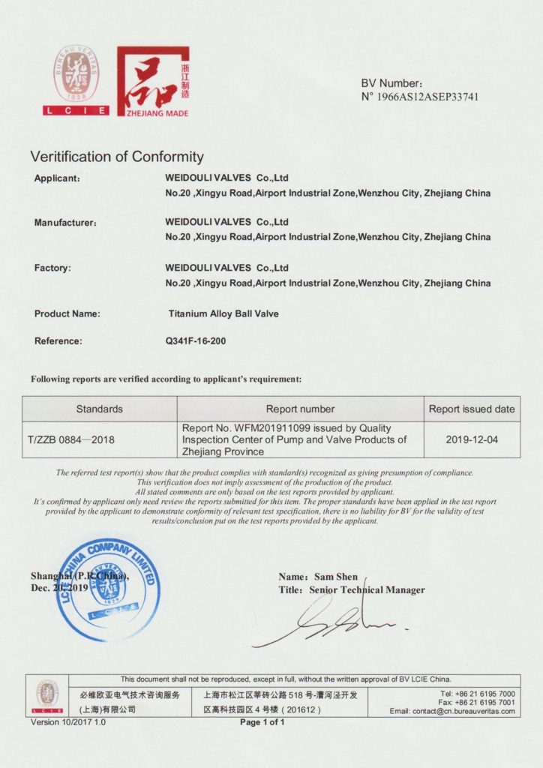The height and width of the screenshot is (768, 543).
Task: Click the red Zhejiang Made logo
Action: [153, 81]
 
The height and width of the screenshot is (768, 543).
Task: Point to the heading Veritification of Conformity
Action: [116, 157]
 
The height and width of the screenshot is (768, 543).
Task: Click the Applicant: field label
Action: [58, 178]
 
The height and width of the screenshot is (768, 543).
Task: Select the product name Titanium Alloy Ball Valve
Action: [223, 313]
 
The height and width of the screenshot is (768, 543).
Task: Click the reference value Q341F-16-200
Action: [196, 340]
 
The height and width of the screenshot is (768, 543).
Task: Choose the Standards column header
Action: [99, 409]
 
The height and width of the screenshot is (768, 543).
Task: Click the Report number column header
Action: [300, 409]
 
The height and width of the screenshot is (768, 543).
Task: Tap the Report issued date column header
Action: [472, 409]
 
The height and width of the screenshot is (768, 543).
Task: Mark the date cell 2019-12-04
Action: [472, 439]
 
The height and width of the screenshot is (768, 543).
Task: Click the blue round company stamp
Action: [108, 589]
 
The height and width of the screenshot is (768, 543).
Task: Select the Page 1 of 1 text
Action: [262, 722]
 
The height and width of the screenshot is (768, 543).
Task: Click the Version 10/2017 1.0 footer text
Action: [68, 722]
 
